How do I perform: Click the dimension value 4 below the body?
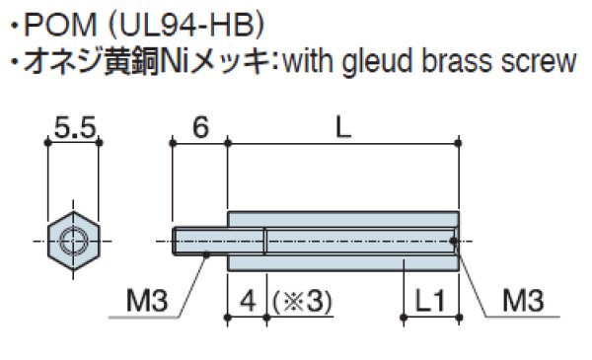coord(247,298)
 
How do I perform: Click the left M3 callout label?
coord(146,298)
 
